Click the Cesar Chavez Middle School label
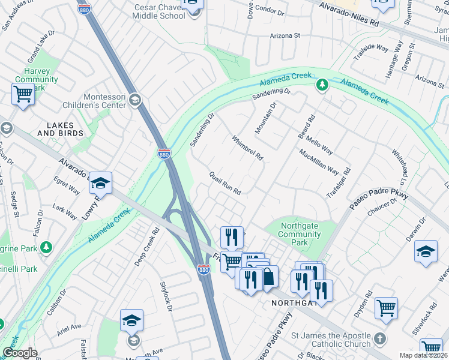coord(158,11)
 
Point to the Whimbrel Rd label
coord(247,148)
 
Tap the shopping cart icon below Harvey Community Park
coord(23,94)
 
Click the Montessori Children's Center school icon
coord(136,100)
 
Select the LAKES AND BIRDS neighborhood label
coord(56,130)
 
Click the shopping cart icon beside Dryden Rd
coord(386,308)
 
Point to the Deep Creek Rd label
coord(146,246)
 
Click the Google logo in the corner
coord(20,353)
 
